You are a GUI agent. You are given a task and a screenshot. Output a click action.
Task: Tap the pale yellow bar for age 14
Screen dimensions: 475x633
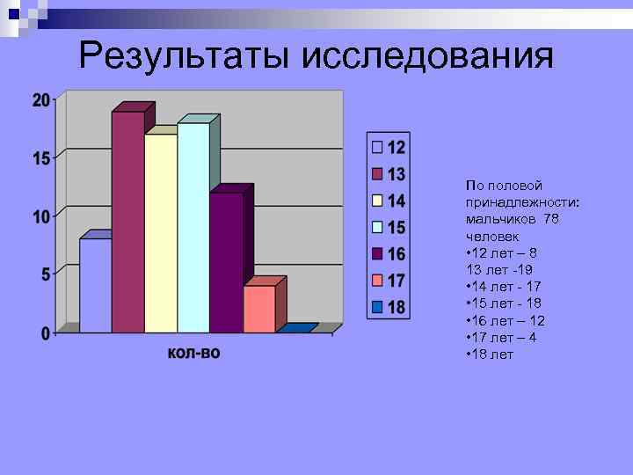click(161, 233)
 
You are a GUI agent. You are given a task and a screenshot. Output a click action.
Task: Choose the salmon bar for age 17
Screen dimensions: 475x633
click(258, 309)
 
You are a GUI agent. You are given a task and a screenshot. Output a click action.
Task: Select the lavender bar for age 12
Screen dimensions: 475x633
click(95, 286)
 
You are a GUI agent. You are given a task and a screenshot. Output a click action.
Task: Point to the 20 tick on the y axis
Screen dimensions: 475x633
click(41, 100)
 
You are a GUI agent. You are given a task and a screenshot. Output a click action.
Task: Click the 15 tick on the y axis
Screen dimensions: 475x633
click(41, 158)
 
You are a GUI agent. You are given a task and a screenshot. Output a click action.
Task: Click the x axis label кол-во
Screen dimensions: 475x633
click(193, 353)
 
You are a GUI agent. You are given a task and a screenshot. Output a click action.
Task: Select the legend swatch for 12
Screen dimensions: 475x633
click(377, 147)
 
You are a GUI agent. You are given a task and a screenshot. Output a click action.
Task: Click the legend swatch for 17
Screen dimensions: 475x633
click(377, 281)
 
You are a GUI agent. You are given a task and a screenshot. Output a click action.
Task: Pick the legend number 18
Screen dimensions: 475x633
click(397, 307)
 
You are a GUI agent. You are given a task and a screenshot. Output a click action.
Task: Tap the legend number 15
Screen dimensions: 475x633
click(397, 227)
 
